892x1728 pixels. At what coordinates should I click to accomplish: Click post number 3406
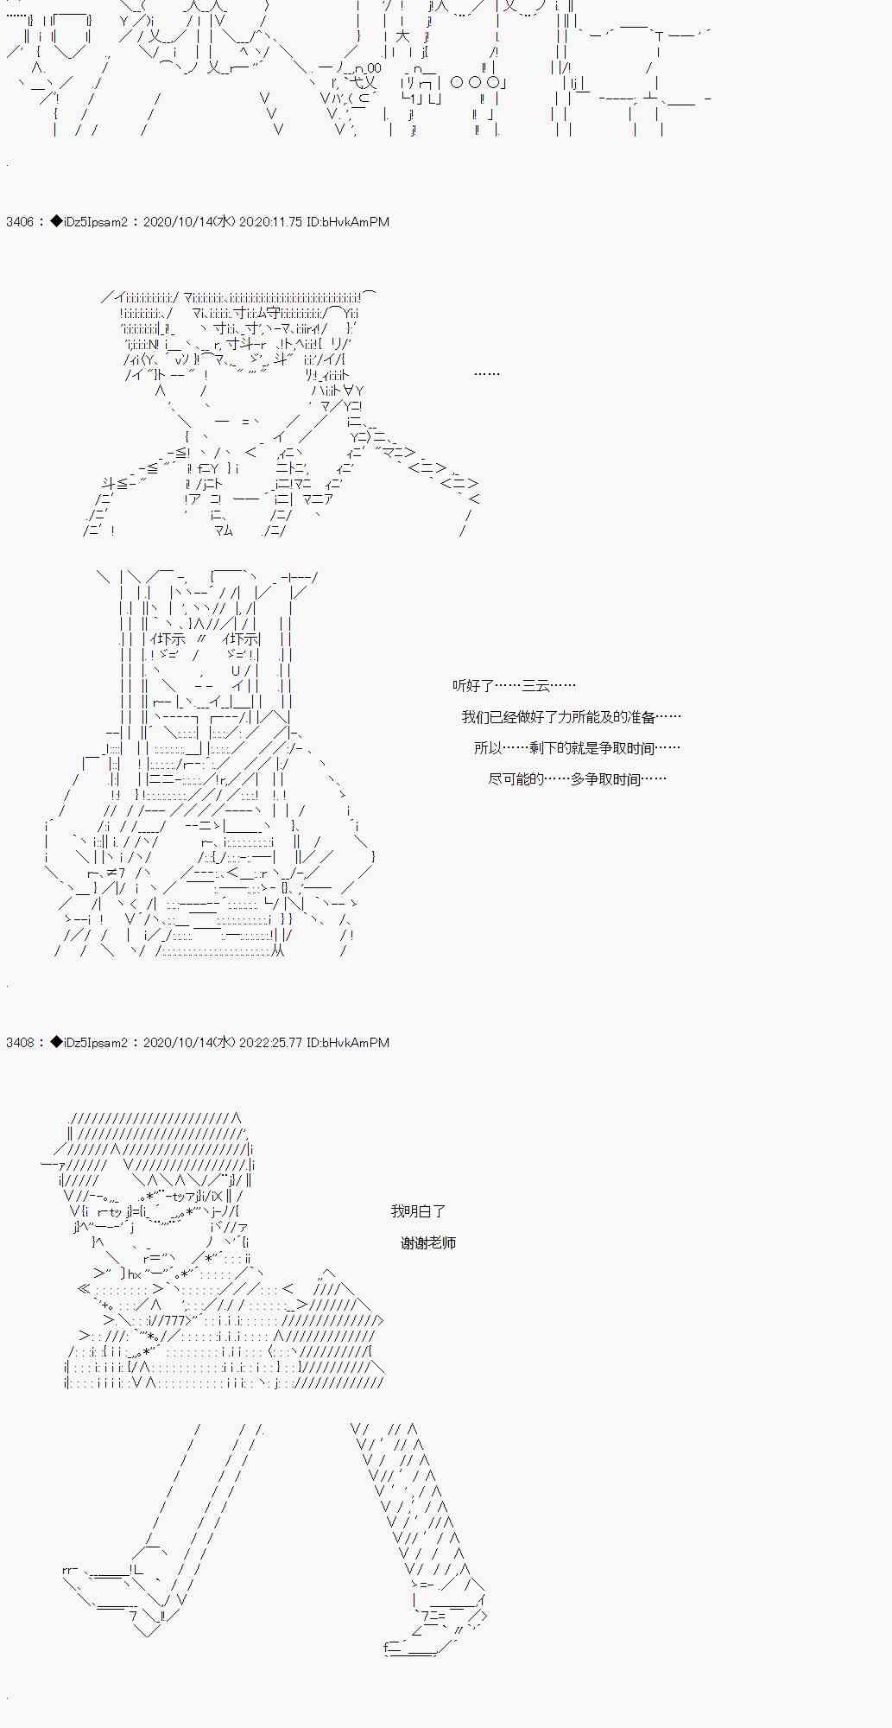20,222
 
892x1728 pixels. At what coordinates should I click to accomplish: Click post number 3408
20,1043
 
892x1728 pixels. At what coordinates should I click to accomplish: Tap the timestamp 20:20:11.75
270,222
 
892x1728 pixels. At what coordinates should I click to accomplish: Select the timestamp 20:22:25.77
270,1043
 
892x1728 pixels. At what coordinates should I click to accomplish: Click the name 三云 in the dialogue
535,686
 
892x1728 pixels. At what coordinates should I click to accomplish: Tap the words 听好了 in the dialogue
473,686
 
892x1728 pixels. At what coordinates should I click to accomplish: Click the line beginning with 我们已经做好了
571,717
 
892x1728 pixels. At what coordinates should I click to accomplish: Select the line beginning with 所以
577,748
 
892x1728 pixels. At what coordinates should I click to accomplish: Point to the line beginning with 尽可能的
577,779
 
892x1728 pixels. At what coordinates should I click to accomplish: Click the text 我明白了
418,1211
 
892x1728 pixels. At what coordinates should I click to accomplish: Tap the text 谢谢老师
428,1243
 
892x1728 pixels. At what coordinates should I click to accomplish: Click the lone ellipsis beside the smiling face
487,374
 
